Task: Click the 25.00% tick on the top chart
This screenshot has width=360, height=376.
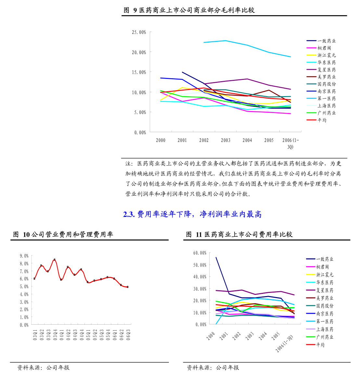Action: (139, 32)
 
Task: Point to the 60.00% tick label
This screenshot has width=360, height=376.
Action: (200, 253)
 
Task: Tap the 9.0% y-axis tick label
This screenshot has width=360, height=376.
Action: (24, 256)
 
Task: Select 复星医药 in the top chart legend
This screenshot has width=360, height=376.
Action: (327, 70)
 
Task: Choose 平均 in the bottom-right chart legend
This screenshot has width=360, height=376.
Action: (320, 345)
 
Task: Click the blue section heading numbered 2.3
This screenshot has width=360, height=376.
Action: (192, 214)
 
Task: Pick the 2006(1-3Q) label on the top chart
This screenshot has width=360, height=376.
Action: (290, 143)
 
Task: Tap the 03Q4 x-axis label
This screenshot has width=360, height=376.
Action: (55, 334)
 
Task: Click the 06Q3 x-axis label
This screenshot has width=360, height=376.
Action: (128, 334)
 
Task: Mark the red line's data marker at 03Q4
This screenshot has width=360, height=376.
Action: (55, 260)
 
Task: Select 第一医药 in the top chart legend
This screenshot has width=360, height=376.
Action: (327, 99)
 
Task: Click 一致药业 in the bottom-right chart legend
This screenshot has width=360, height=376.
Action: (325, 259)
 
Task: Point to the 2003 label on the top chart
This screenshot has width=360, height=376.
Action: (225, 140)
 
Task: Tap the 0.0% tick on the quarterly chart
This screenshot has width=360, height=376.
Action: (24, 325)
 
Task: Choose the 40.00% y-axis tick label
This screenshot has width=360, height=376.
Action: (200, 277)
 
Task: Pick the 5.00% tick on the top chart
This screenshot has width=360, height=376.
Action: (139, 112)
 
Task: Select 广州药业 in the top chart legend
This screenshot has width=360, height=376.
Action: (327, 113)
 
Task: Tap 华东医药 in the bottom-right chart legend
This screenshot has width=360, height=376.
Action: (325, 282)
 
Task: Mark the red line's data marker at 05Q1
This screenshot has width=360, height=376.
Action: (88, 282)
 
